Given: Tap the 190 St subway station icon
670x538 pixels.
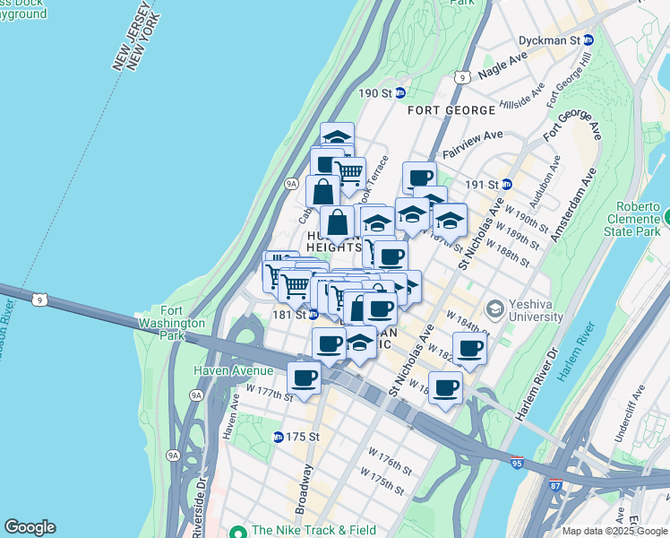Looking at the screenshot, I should [401, 92].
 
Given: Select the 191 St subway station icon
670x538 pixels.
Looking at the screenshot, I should [506, 184].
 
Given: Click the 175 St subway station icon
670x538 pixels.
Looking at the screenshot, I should [279, 437].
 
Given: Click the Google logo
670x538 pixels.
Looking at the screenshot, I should [30, 527].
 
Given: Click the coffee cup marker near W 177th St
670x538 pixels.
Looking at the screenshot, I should [305, 377].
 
